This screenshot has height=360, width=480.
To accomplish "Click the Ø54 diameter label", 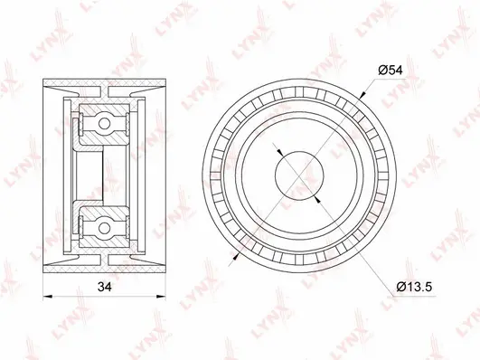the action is click(x=391, y=71).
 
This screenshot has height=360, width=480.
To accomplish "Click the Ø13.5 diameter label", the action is click(x=414, y=287).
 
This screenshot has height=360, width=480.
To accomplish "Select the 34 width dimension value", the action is click(x=104, y=287).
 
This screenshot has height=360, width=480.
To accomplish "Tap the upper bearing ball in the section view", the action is click(x=104, y=124).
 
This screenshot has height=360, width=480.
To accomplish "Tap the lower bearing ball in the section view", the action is click(x=104, y=228).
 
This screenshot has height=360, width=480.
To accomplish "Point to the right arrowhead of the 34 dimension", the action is click(x=161, y=297).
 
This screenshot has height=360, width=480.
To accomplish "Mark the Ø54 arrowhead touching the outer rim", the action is click(x=363, y=95).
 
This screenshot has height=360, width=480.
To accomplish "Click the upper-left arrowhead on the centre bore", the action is click(x=280, y=153).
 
